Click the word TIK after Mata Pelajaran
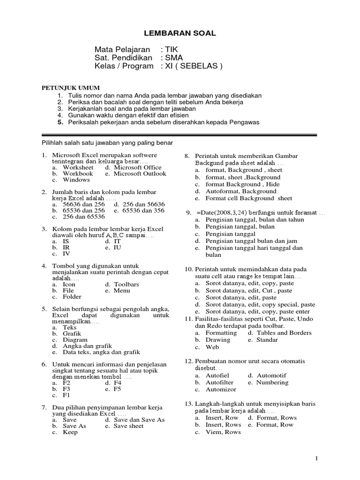pos(172,49)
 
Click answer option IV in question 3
pos(67,254)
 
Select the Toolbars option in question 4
pos(126,284)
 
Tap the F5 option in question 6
pos(117,389)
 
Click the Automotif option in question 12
pos(271,375)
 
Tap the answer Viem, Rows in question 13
pos(223,432)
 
